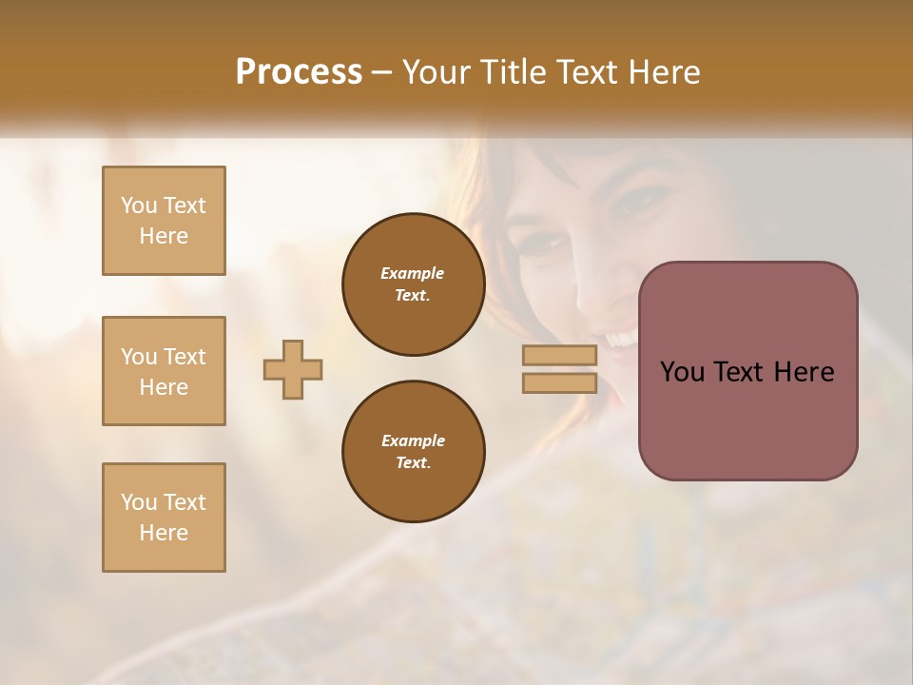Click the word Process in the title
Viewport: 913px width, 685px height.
coord(299,72)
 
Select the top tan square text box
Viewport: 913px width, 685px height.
coord(164,221)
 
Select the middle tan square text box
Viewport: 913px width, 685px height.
coord(164,371)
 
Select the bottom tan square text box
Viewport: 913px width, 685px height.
coord(164,518)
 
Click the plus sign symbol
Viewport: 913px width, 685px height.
coord(293,369)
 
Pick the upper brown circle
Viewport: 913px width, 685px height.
coord(413,284)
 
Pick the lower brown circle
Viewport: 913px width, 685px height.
coord(413,452)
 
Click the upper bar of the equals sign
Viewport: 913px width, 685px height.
coord(559,356)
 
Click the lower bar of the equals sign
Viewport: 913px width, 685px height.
coord(559,383)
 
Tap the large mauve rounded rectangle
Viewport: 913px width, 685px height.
coord(748,419)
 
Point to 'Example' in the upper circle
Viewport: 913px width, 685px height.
coord(413,273)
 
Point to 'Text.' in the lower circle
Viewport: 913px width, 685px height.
coord(413,462)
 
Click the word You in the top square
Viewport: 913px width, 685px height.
coord(139,205)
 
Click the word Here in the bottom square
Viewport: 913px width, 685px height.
coord(164,533)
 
